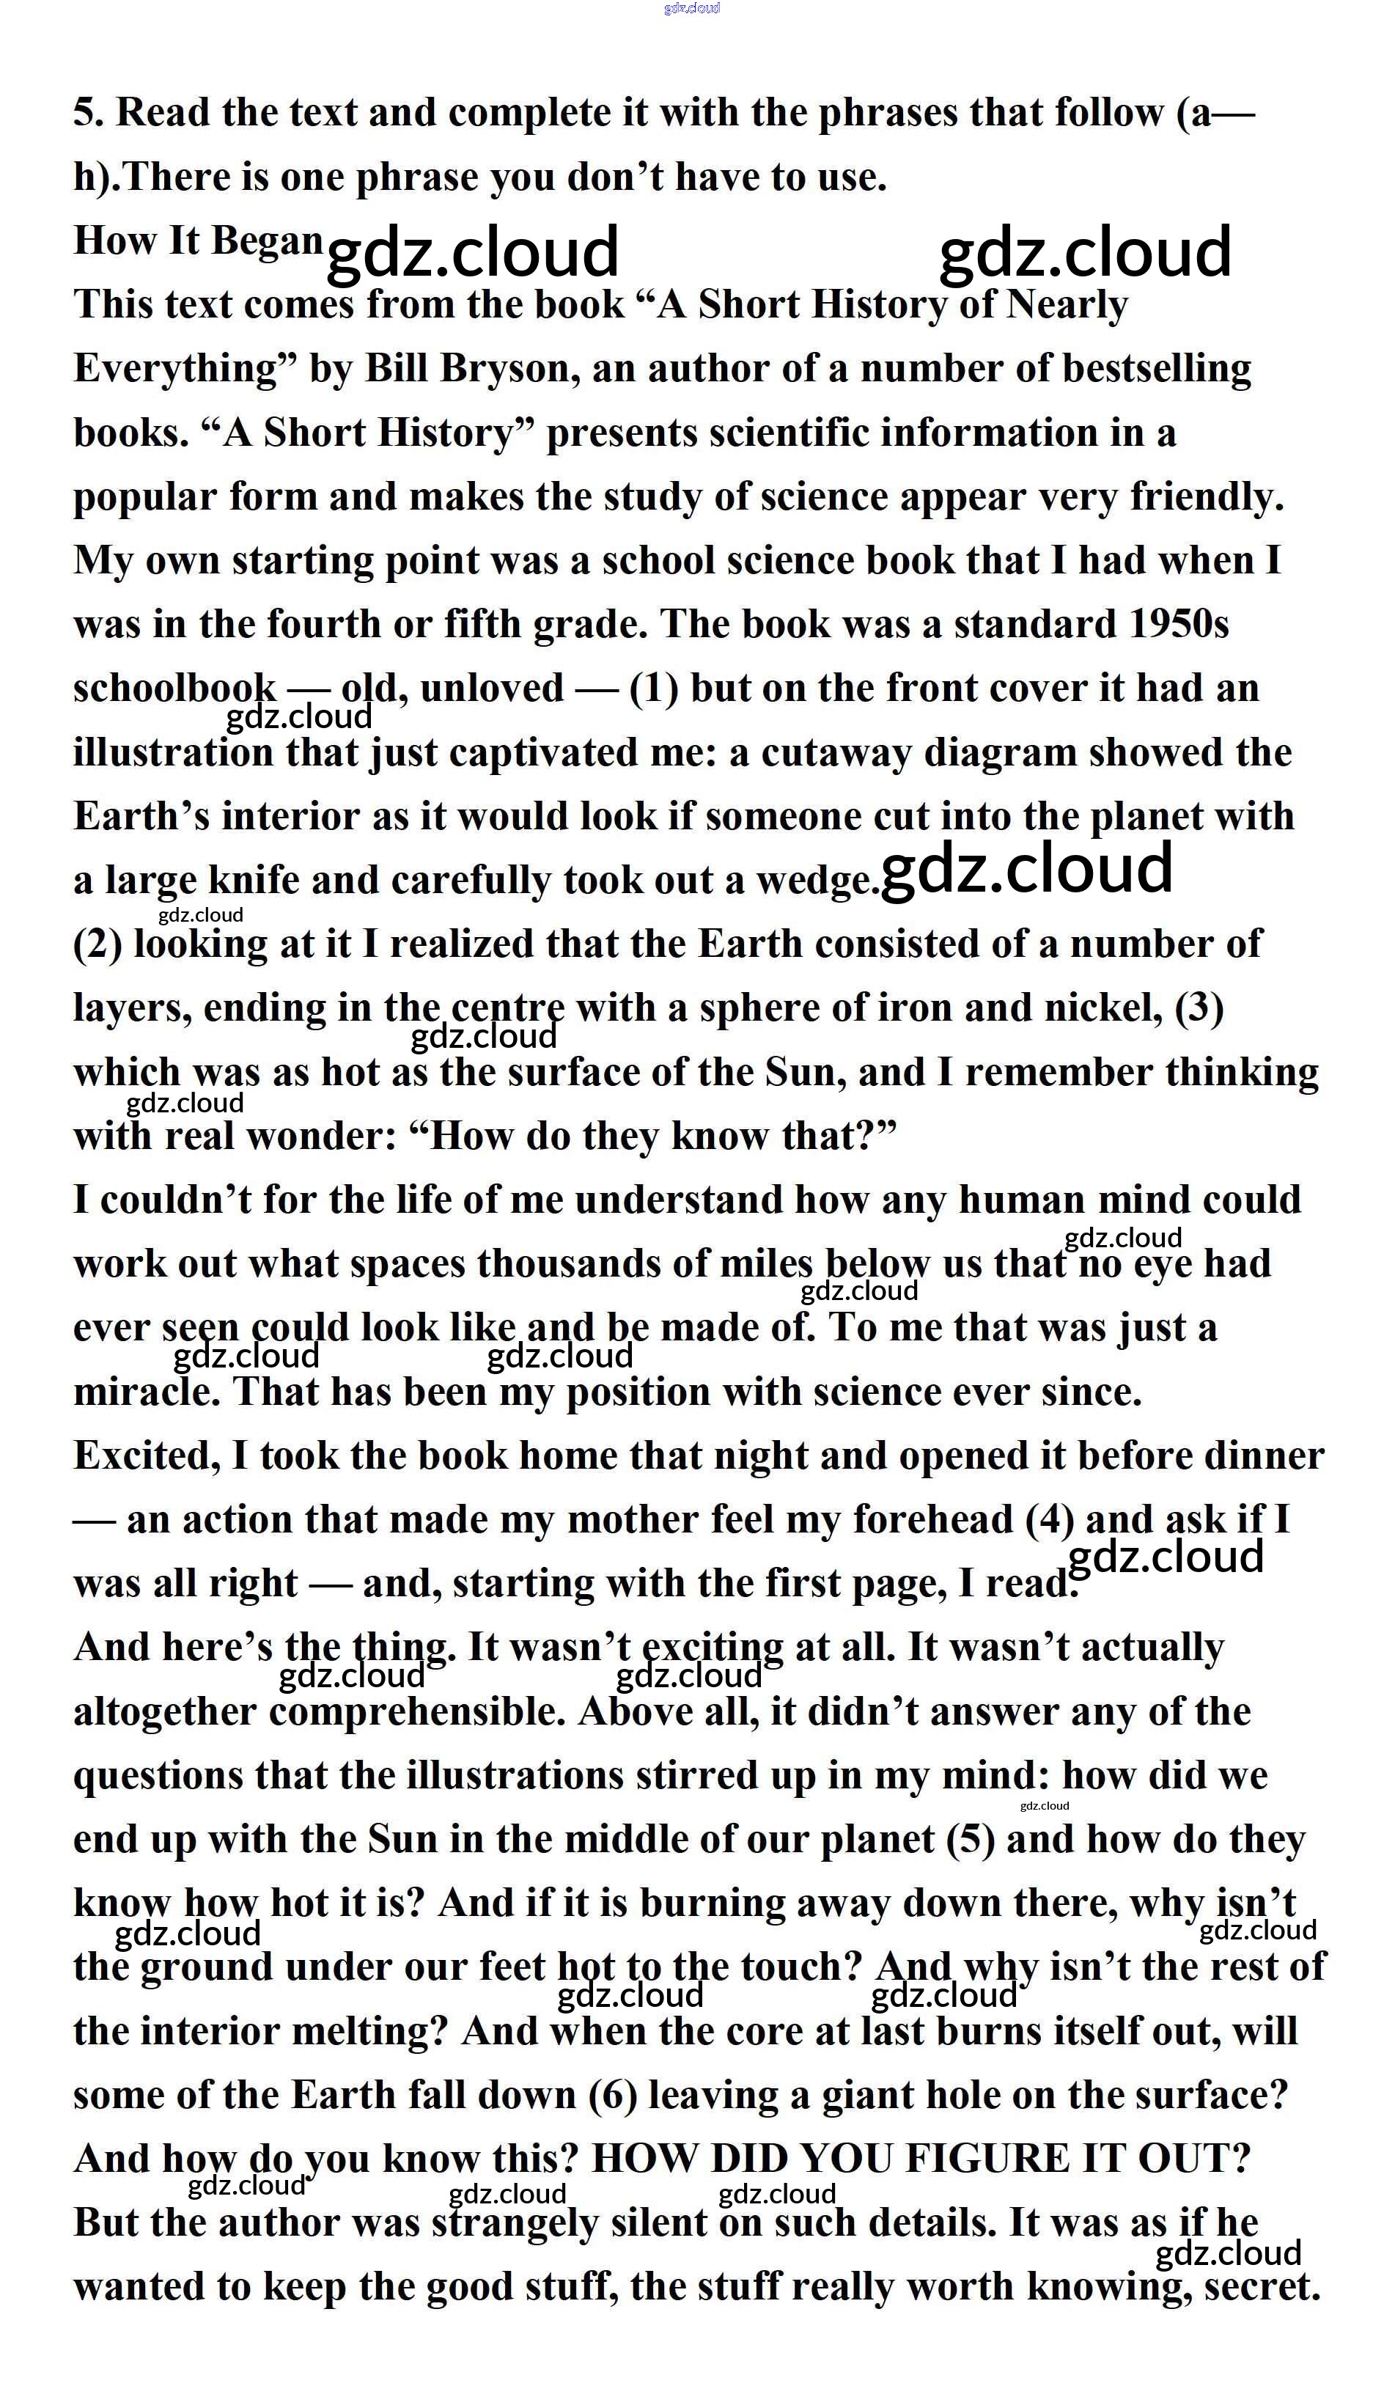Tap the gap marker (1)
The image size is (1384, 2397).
click(x=654, y=689)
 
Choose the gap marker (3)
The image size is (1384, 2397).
click(x=1199, y=1008)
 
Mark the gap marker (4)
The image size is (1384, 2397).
click(x=1050, y=1519)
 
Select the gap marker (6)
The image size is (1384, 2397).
click(x=612, y=2095)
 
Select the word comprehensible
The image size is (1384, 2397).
click(x=417, y=1712)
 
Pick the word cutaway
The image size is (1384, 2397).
click(x=836, y=753)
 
